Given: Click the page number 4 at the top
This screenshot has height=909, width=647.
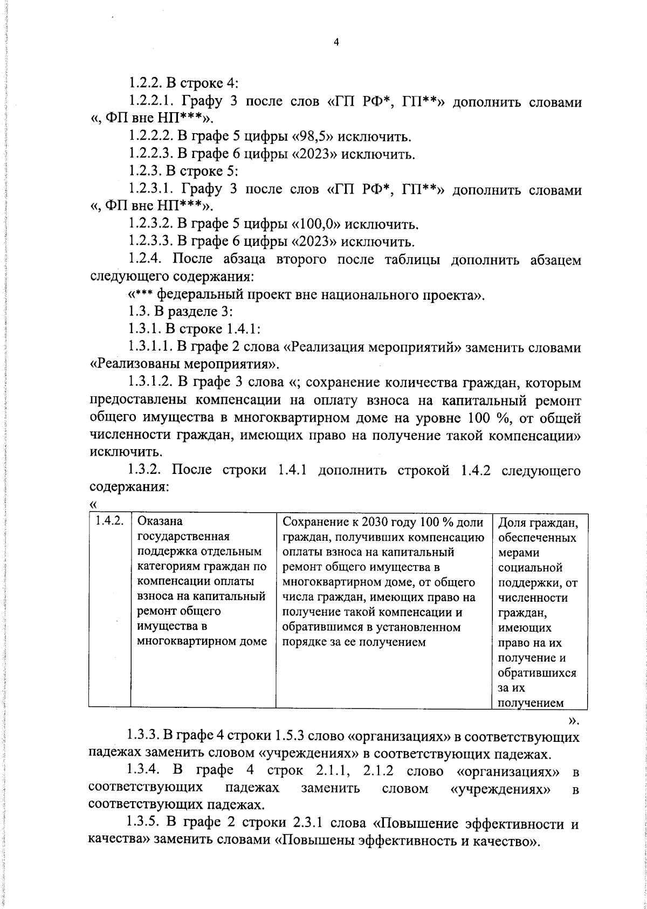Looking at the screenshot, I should tap(335, 43).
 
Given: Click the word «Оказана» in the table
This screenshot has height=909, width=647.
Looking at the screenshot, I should tap(161, 521).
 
